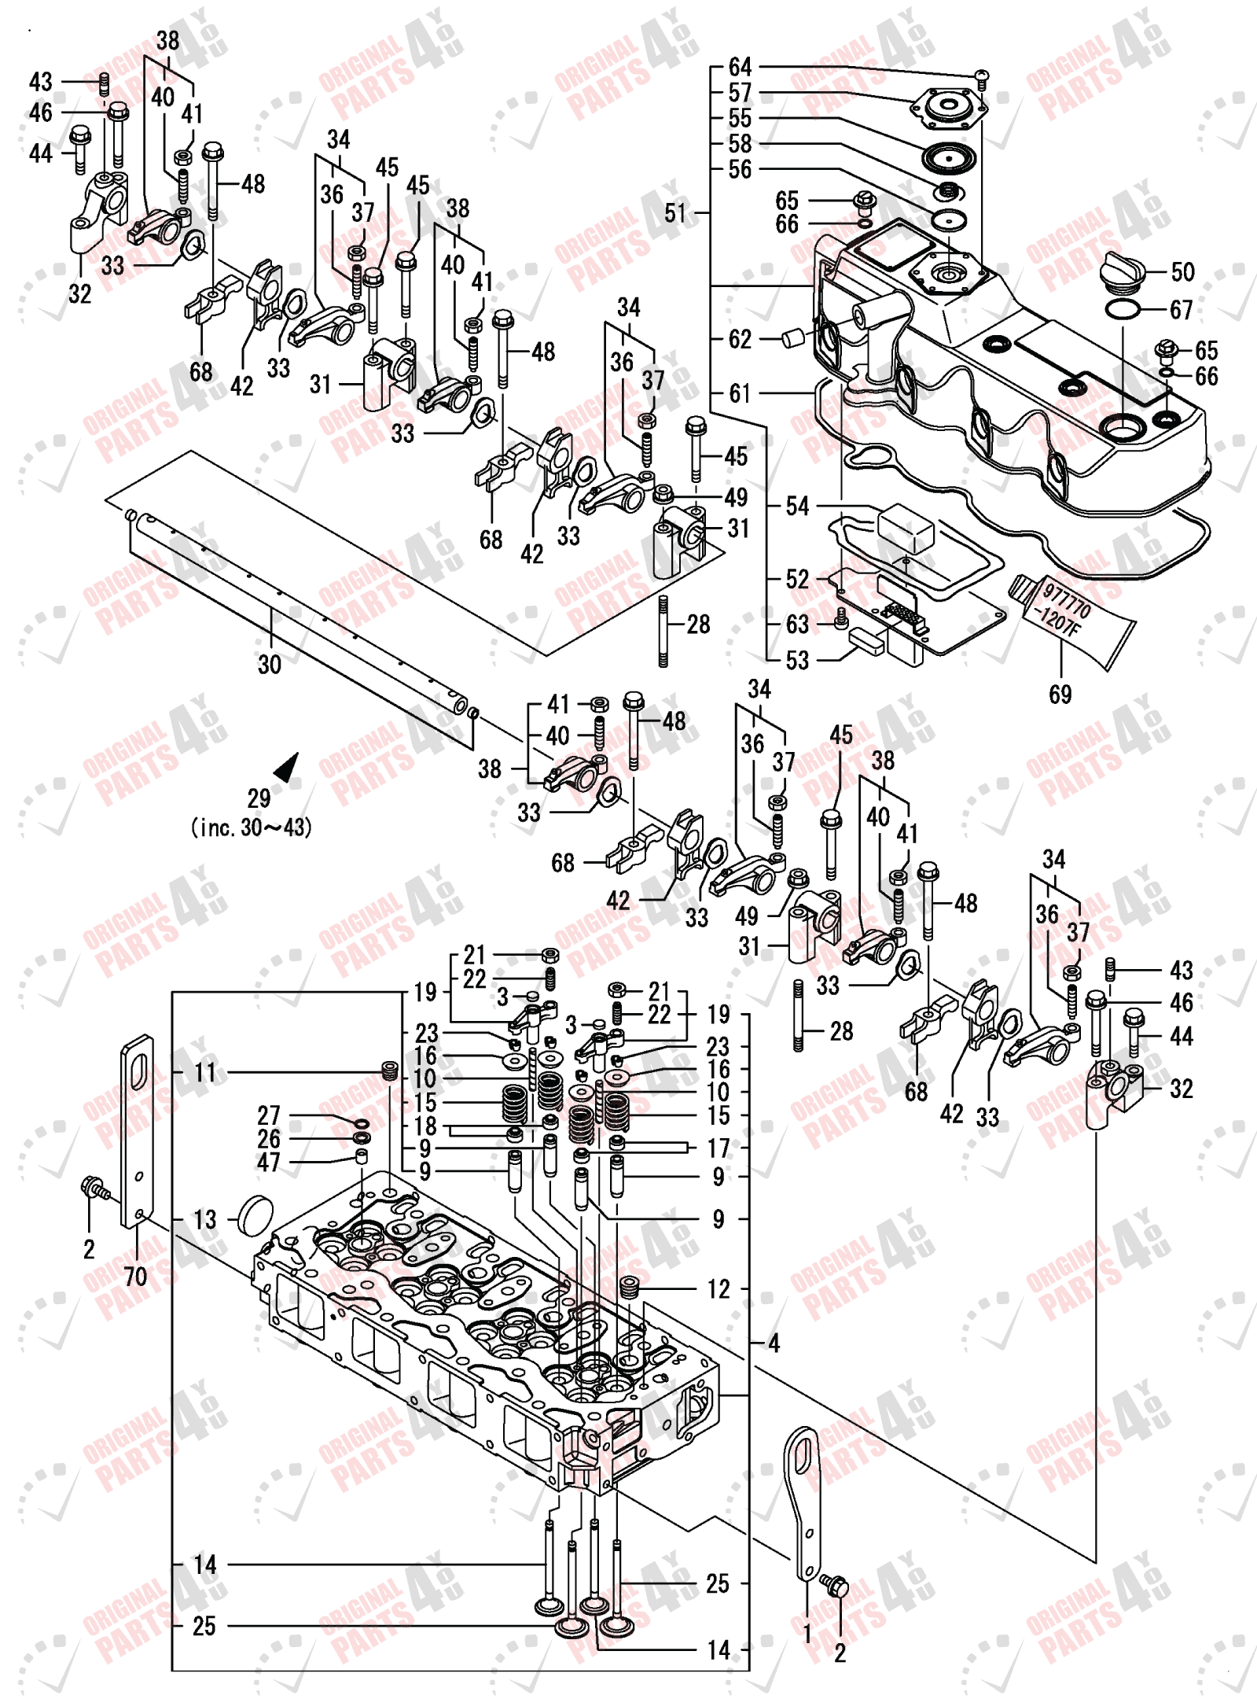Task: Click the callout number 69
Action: click(1060, 694)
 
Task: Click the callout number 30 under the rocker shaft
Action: click(270, 665)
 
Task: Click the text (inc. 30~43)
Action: click(252, 827)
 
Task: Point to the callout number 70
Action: click(135, 1276)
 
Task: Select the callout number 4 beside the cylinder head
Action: click(774, 1343)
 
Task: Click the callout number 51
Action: click(675, 213)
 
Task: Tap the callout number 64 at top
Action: click(740, 67)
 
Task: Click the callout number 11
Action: click(205, 1072)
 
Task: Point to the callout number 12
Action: click(719, 1289)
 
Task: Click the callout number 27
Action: click(268, 1115)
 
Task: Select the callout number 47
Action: click(268, 1163)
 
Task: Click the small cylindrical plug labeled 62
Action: click(792, 339)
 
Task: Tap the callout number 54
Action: click(797, 507)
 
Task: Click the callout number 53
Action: click(797, 660)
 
